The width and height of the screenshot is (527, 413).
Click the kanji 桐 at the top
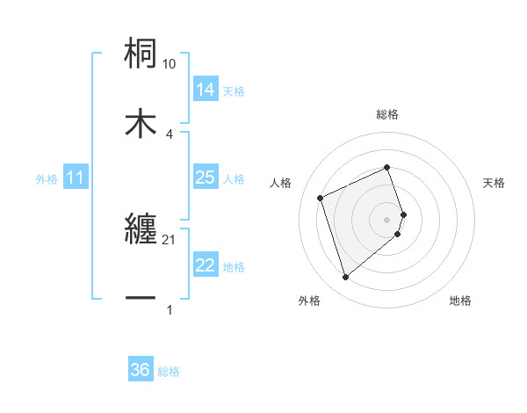click(x=141, y=54)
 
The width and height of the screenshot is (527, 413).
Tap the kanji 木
click(x=141, y=124)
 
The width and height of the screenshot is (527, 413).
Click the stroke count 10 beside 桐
click(x=170, y=64)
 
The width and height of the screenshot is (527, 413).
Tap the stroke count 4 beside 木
click(x=170, y=134)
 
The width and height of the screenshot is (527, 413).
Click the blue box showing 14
click(x=205, y=89)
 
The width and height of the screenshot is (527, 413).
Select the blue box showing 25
click(x=205, y=178)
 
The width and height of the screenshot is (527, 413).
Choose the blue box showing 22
click(x=205, y=265)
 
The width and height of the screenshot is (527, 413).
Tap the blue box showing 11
click(x=76, y=178)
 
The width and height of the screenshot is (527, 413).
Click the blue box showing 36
click(x=141, y=370)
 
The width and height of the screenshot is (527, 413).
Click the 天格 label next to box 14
click(x=234, y=91)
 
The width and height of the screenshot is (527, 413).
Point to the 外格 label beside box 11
click(x=46, y=178)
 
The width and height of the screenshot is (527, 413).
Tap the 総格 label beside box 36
click(x=169, y=372)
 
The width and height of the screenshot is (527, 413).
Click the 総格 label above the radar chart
click(x=387, y=114)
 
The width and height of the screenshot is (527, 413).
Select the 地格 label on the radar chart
click(x=460, y=301)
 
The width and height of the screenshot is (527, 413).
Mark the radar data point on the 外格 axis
click(x=345, y=277)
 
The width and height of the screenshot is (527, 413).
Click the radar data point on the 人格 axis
click(x=321, y=197)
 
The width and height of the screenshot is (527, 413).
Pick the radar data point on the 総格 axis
click(x=387, y=167)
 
